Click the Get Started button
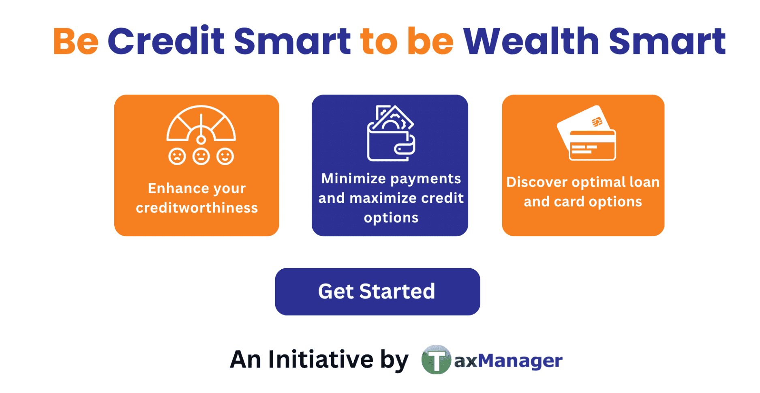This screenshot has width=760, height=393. (377, 291)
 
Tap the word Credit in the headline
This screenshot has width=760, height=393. (166, 41)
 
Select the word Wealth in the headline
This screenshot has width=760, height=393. (531, 41)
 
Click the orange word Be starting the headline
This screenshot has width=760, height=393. (76, 42)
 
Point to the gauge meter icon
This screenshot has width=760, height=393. (201, 124)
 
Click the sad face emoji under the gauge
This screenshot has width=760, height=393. (177, 156)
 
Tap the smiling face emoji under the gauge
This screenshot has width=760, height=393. (225, 156)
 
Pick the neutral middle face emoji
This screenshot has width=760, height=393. (201, 156)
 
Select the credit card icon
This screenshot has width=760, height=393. (587, 133)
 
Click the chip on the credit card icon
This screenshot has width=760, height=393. (597, 122)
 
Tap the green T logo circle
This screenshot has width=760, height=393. (436, 360)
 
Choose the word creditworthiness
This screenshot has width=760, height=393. (197, 208)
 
